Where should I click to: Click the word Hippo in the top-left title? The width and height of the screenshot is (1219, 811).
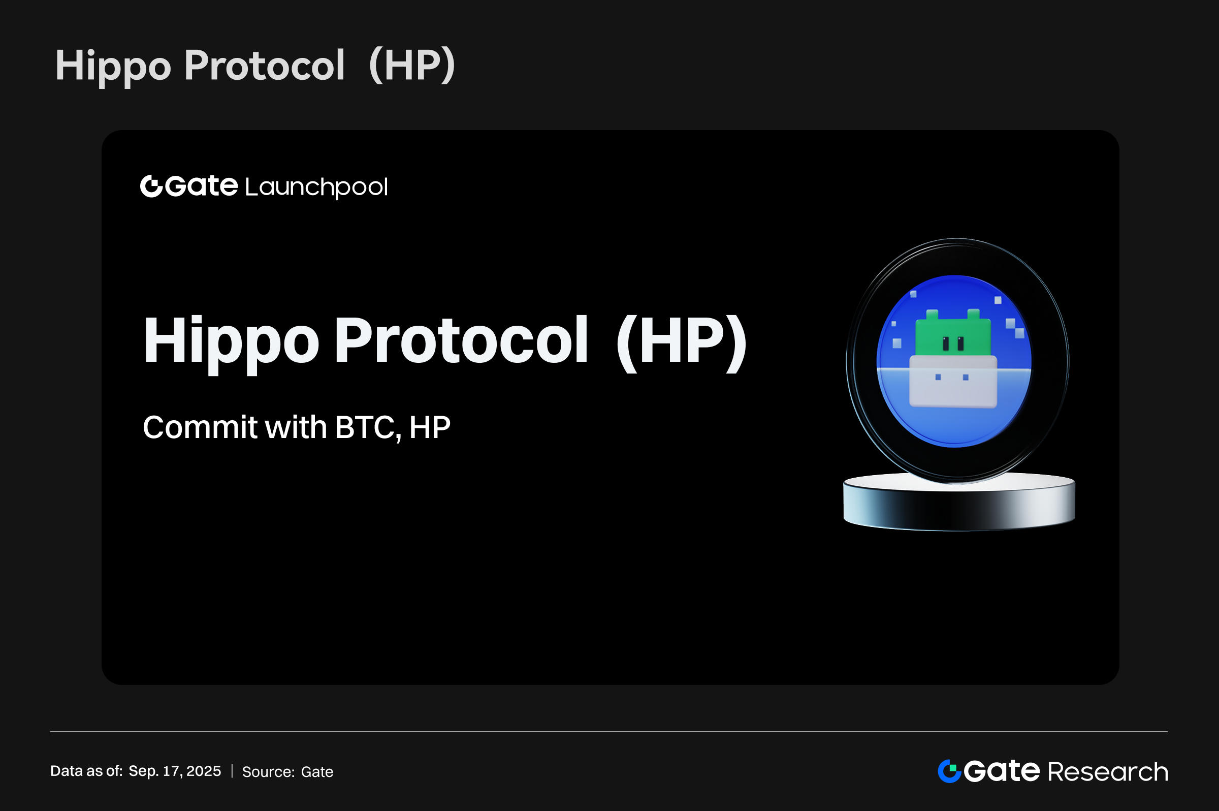[x=113, y=66]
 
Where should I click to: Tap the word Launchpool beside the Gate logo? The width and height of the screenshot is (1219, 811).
[x=316, y=187]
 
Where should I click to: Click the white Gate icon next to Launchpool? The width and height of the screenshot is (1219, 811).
[x=151, y=186]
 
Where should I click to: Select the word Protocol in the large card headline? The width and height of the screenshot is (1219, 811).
[x=461, y=340]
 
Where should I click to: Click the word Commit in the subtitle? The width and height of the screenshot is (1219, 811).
[x=200, y=427]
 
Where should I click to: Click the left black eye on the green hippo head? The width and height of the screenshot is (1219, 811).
[x=946, y=343]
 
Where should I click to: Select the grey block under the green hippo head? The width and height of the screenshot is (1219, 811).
[x=953, y=381]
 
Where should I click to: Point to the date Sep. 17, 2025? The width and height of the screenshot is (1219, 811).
[x=175, y=771]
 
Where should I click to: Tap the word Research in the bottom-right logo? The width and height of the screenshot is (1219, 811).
[x=1108, y=772]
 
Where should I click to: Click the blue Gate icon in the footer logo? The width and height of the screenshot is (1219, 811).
[x=949, y=771]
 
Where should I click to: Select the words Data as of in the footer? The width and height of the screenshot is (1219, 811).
[x=86, y=771]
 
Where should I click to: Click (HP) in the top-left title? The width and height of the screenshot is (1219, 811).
[x=412, y=66]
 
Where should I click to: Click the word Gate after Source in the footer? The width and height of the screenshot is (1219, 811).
[x=317, y=772]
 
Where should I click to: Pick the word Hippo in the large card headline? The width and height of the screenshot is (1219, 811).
[x=231, y=342]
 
